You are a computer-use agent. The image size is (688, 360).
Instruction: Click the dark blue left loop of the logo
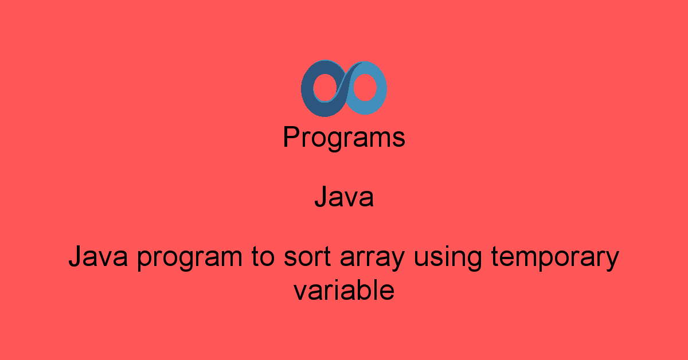click(x=310, y=89)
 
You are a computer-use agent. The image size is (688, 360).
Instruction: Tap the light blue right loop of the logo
click(x=380, y=89)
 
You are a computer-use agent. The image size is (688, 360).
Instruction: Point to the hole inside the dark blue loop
click(x=322, y=89)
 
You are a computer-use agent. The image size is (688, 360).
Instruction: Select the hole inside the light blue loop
click(x=366, y=89)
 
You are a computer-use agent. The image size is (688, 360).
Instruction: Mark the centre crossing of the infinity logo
click(x=344, y=89)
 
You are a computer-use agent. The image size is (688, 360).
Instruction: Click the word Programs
click(x=344, y=138)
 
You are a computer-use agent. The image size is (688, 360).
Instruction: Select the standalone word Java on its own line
click(x=344, y=198)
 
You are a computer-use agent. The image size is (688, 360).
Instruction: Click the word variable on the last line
click(x=344, y=290)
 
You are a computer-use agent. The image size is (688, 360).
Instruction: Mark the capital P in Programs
click(x=291, y=138)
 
